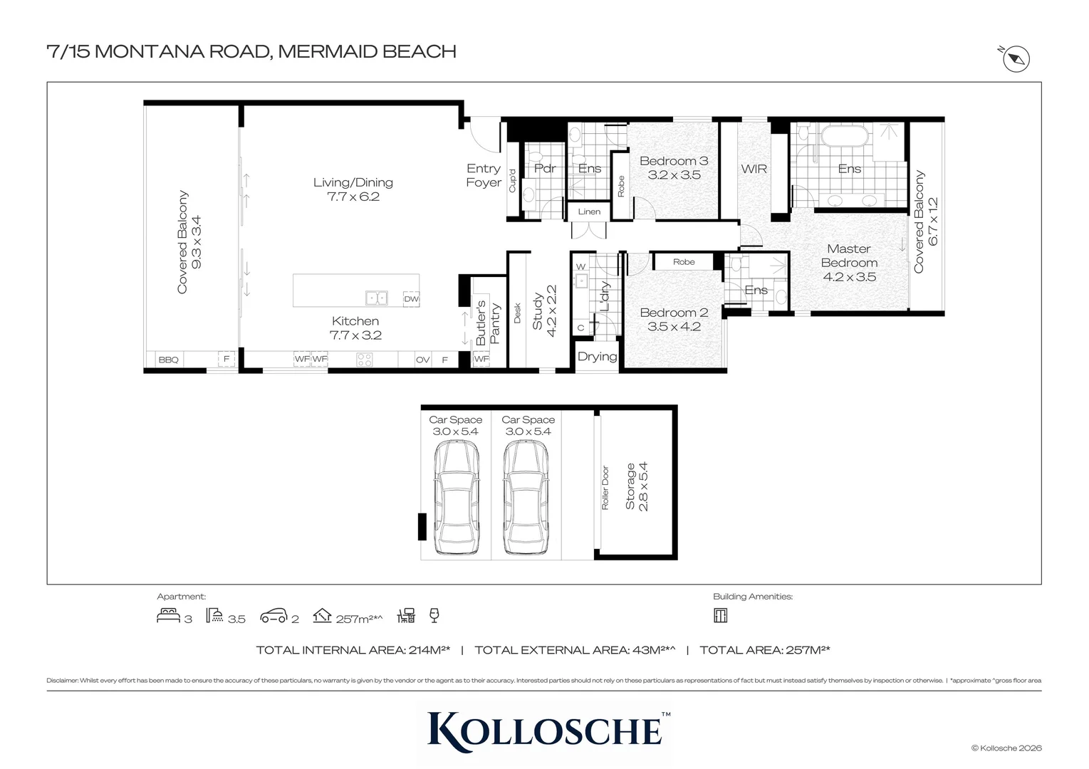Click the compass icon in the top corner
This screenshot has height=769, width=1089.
[x=1016, y=59]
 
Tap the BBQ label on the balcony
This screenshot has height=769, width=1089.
[x=168, y=360]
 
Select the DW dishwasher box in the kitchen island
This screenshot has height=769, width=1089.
[x=411, y=299]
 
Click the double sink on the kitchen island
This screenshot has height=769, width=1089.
[x=376, y=298]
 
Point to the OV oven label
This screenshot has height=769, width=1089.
[x=422, y=360]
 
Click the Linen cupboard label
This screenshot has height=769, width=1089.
[x=589, y=211]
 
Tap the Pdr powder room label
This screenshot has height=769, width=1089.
[x=544, y=168]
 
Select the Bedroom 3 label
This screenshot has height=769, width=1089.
[x=674, y=168]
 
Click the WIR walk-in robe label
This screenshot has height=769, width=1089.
[x=754, y=169]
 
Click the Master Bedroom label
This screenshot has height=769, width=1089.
[x=849, y=263]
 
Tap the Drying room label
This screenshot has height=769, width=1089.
[x=597, y=356]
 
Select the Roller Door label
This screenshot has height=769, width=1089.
[x=605, y=488]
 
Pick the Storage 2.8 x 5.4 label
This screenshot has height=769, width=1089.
[x=637, y=486]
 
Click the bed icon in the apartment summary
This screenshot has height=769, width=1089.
[x=168, y=615]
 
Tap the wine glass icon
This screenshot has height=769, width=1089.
[x=434, y=615]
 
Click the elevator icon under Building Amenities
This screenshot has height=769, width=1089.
[x=721, y=615]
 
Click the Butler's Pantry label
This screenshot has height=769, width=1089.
[x=488, y=323]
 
